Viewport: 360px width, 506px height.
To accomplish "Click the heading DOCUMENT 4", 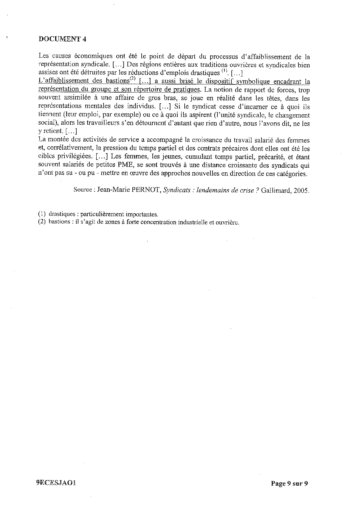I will click(62, 40).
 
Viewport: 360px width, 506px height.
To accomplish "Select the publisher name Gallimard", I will click(276, 191).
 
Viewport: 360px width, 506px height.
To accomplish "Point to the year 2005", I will click(301, 191).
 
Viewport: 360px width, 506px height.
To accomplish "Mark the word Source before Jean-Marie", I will click(82, 190).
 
